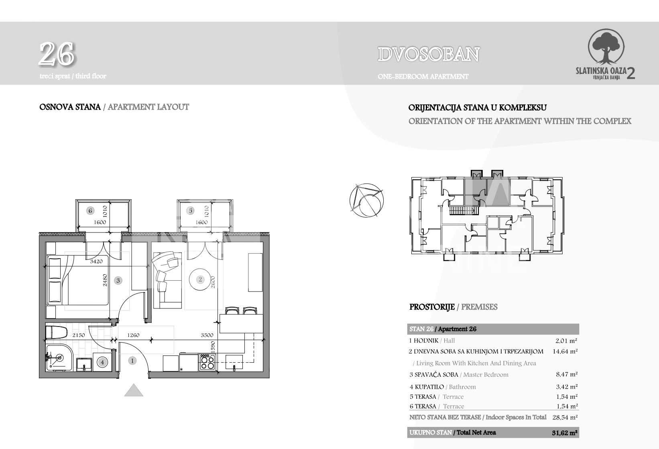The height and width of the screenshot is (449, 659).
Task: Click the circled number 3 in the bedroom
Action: (118, 280)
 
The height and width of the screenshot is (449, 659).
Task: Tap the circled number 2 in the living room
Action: (200, 280)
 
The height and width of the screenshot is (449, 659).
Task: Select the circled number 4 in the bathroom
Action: (102, 362)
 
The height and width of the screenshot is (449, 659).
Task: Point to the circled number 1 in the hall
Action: (132, 361)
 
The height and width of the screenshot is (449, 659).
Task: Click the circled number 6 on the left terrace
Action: (90, 210)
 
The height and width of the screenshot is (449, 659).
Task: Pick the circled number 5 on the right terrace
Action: (190, 210)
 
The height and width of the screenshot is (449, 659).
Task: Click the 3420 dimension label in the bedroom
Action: (96, 261)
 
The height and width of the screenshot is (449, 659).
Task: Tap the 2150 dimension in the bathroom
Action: (79, 335)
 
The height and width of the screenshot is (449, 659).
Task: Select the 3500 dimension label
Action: (207, 335)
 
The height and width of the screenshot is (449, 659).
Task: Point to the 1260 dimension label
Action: (133, 335)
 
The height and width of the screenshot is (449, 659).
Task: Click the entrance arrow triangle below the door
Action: (134, 390)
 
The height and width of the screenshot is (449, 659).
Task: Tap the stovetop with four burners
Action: (207, 362)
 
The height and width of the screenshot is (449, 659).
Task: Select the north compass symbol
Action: (366, 200)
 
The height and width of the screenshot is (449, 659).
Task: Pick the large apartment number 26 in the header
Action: (57, 54)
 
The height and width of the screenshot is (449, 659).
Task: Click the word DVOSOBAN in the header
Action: (429, 55)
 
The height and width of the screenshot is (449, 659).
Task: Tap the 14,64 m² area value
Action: (565, 351)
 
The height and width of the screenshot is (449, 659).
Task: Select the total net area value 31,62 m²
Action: (565, 433)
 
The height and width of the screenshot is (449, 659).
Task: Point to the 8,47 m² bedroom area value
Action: (567, 374)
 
